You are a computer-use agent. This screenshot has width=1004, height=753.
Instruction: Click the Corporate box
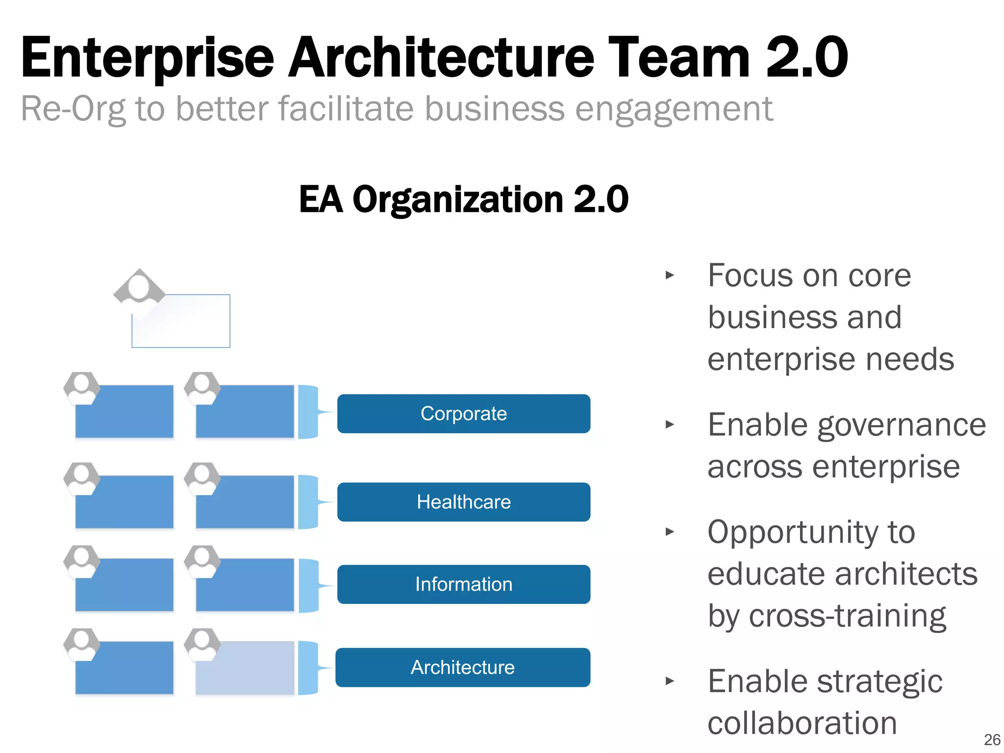tap(463, 414)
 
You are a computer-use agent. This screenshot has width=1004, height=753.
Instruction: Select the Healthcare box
tap(463, 502)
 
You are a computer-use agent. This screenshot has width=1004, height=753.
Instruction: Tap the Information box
tap(463, 584)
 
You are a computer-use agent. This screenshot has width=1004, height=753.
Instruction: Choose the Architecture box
tap(462, 667)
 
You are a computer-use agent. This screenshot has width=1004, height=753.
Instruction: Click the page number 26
tap(992, 739)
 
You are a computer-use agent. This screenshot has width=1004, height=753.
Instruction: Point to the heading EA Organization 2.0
tap(463, 200)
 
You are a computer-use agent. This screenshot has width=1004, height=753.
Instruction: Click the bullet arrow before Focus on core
tap(670, 275)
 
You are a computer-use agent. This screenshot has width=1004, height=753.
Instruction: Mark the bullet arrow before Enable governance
tap(670, 425)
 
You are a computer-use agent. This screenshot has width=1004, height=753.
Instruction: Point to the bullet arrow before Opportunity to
tap(670, 531)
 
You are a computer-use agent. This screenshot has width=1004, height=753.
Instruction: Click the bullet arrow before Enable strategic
tap(670, 681)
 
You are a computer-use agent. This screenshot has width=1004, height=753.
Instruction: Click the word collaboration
tap(802, 723)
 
